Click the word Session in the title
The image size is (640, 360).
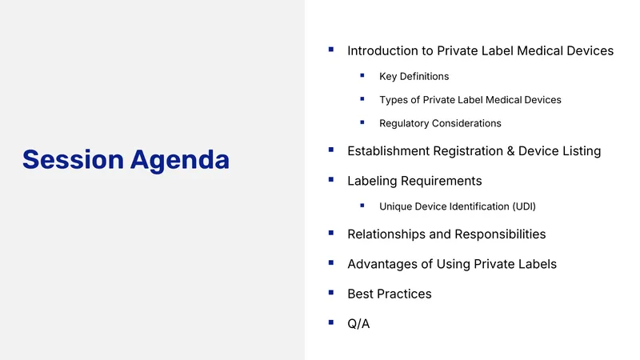click(x=73, y=159)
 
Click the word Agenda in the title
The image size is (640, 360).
click(x=180, y=162)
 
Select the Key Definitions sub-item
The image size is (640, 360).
click(x=414, y=76)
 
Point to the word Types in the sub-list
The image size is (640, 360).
click(x=394, y=100)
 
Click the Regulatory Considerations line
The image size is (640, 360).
click(x=440, y=123)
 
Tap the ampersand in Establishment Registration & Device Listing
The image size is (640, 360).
click(x=510, y=151)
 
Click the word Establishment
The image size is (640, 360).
click(x=389, y=151)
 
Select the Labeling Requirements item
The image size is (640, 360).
click(x=414, y=181)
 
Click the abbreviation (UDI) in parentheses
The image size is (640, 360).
click(x=524, y=206)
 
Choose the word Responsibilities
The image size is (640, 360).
click(x=500, y=234)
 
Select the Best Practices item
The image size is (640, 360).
click(x=390, y=294)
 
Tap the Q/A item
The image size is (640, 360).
click(x=358, y=324)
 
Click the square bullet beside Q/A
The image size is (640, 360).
click(x=331, y=322)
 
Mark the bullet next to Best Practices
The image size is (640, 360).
click(x=331, y=293)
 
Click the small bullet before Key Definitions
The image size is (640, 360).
click(x=362, y=75)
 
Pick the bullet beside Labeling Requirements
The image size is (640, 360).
click(x=331, y=179)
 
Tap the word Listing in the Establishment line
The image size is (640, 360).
click(x=582, y=151)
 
